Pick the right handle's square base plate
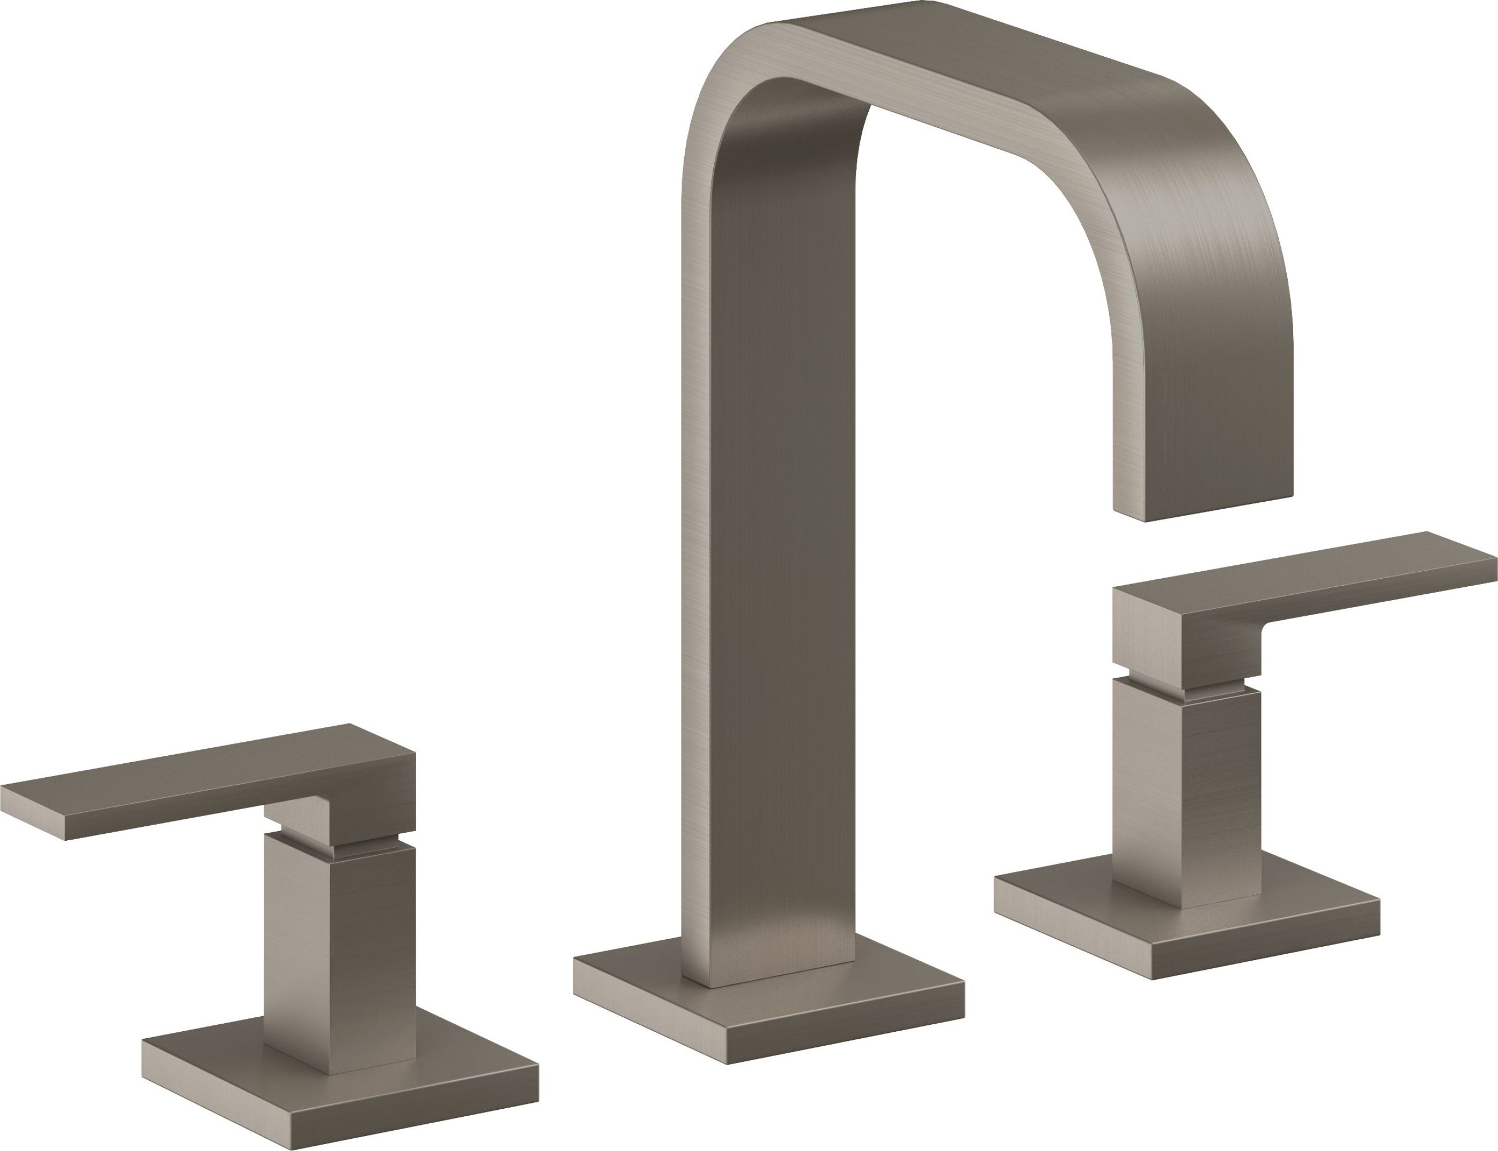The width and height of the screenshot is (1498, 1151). coord(1186,922)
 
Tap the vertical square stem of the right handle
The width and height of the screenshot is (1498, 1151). coord(1186,788)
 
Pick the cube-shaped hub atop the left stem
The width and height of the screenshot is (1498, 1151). coord(373,802)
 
